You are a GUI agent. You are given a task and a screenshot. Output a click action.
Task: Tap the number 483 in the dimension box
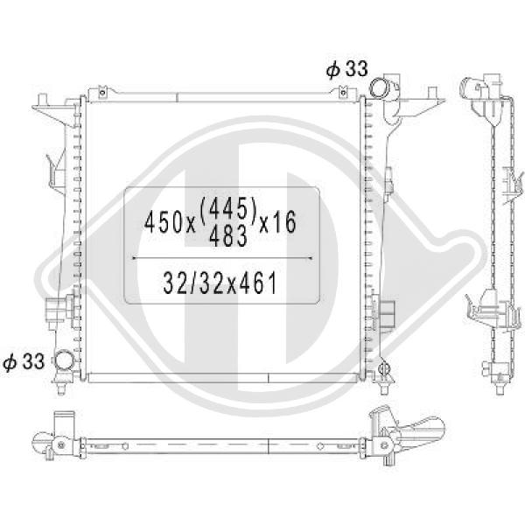tap(228, 235)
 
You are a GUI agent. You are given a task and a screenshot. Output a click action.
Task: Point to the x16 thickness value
tap(278, 222)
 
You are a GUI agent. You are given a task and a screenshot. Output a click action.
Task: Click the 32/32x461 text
tap(220, 283)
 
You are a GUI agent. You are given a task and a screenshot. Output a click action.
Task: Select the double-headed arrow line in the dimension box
tap(222, 258)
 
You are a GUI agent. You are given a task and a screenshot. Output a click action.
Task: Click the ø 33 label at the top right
tap(346, 69)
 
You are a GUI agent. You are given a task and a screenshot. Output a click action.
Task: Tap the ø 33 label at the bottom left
tap(24, 361)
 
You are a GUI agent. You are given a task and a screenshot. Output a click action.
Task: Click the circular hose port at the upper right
tap(380, 86)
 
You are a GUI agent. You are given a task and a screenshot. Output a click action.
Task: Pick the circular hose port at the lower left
tap(65, 359)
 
